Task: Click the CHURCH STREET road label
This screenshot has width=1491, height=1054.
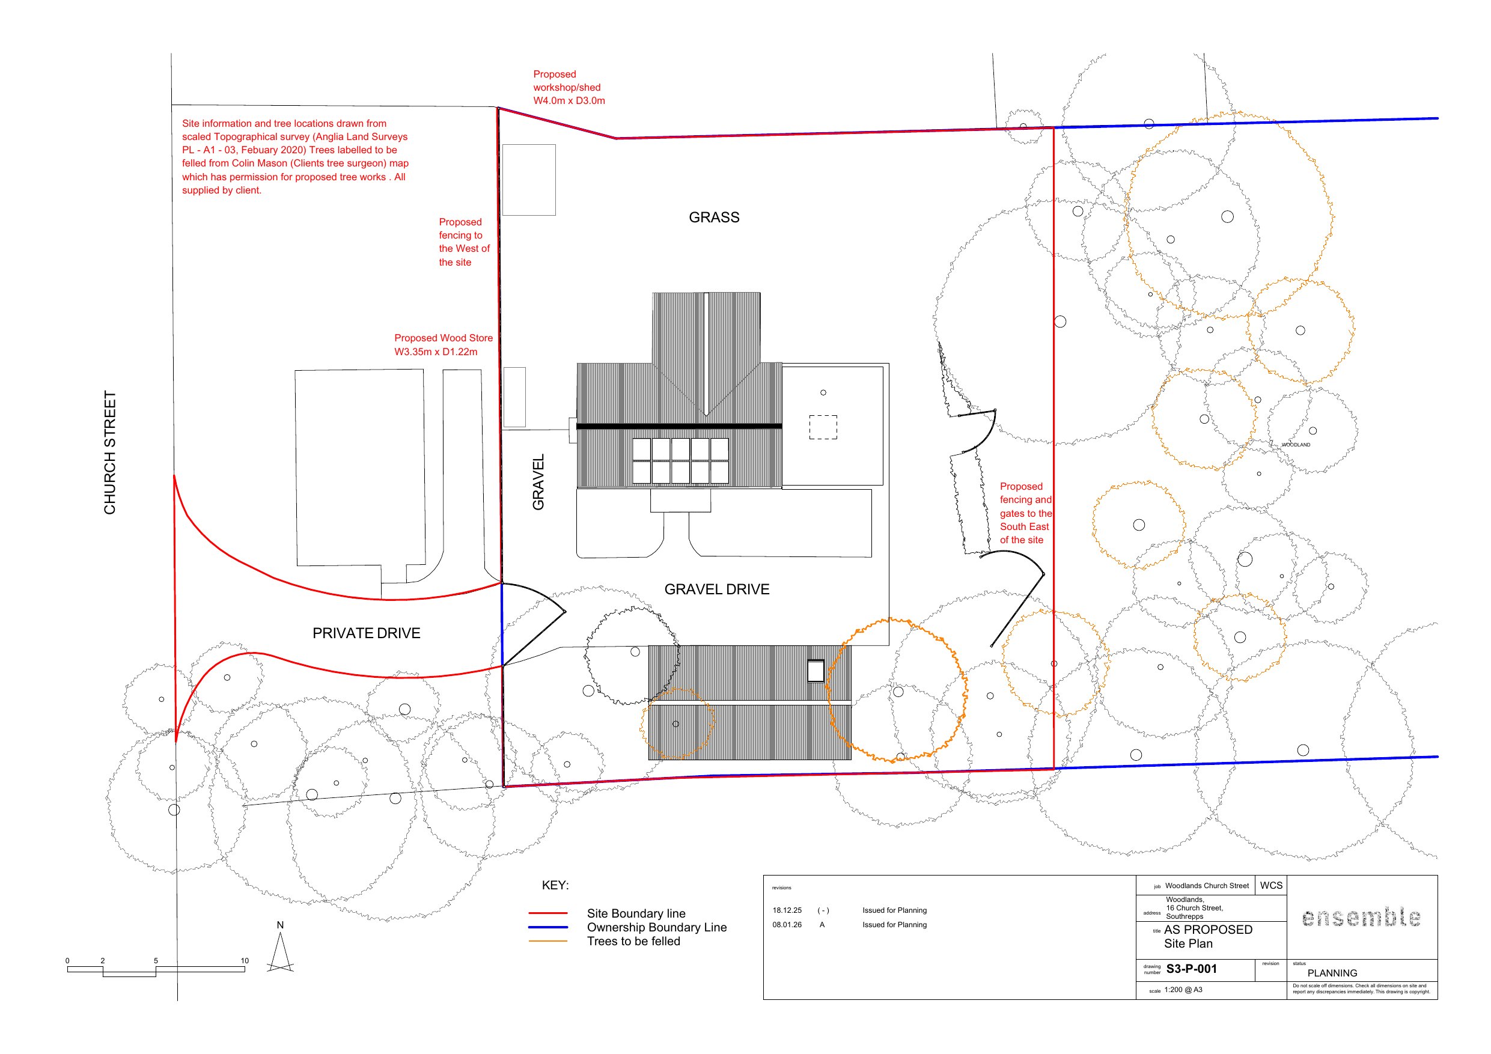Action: [110, 452]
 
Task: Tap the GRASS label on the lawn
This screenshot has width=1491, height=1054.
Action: [714, 218]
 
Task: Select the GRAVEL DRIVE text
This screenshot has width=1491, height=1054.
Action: [716, 589]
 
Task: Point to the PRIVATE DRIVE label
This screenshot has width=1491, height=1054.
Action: [366, 633]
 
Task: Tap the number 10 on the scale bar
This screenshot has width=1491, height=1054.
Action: [245, 960]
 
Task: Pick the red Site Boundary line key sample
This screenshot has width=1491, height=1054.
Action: [548, 913]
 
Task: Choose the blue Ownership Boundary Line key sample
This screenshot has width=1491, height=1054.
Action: [548, 927]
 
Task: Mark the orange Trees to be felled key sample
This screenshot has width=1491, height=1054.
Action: [548, 941]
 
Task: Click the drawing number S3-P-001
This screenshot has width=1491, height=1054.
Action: [1192, 969]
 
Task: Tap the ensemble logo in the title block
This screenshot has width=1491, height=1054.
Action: [1361, 917]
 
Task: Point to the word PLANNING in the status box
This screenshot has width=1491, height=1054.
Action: [1332, 973]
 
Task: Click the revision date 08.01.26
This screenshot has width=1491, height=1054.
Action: [787, 925]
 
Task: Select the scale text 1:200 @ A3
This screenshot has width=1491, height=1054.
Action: [1183, 990]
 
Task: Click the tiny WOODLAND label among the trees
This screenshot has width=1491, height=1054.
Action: [1296, 445]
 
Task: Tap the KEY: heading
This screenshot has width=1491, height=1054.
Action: [555, 885]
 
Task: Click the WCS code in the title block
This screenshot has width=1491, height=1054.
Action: [1272, 885]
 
